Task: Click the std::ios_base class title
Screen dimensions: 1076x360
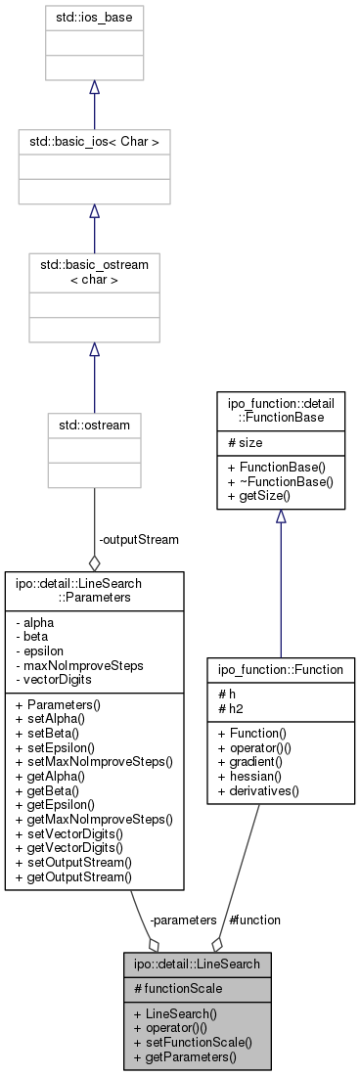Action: (94, 17)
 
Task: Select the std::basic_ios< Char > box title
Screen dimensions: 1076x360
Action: (94, 142)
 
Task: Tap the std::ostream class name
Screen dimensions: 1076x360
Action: (94, 426)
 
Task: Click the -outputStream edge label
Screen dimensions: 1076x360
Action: (138, 539)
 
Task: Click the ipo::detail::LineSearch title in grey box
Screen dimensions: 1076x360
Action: (197, 964)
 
